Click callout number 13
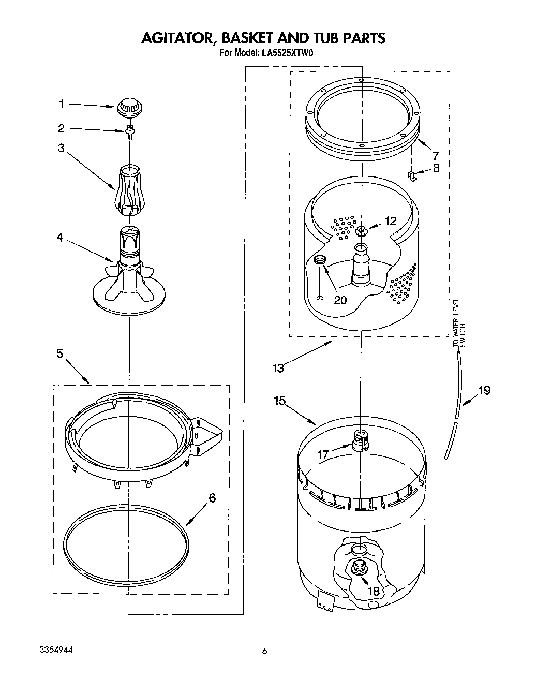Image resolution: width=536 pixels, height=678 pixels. (278, 368)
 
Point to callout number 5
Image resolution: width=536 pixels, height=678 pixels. (60, 353)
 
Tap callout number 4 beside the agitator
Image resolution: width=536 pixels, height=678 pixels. (60, 238)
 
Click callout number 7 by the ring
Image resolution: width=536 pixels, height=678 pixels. (435, 155)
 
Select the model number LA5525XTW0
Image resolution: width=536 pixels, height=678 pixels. (288, 52)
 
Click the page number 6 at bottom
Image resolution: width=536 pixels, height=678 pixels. (264, 652)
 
